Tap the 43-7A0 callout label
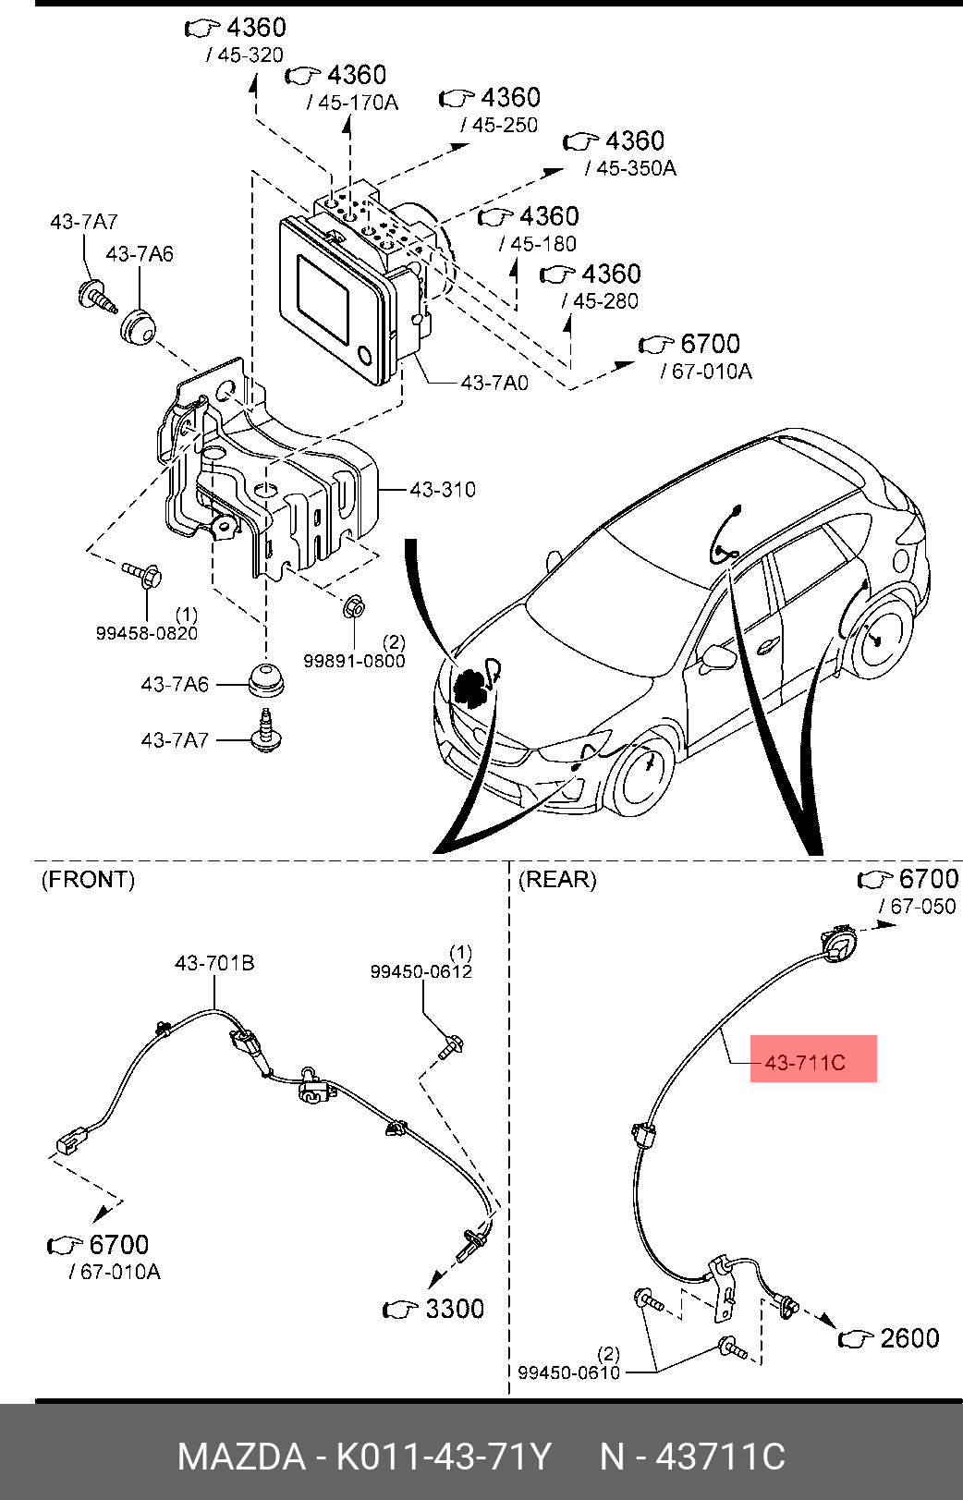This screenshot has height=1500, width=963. pos(494,383)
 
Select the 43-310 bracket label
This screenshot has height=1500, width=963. pos(443,490)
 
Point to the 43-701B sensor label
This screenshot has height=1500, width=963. pos(214,963)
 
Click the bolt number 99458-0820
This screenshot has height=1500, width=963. pos(147,633)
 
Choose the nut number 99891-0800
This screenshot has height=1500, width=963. pos(354,662)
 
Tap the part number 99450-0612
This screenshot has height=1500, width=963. pos(421,971)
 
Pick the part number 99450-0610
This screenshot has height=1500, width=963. pos(568,1372)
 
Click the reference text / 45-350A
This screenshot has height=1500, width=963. pos(630,168)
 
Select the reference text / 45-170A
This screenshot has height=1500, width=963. pos(352,103)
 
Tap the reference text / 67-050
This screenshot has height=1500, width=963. pos(918,906)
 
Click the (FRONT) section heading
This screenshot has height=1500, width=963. pos(88,879)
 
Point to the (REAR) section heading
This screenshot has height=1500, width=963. pos(557,879)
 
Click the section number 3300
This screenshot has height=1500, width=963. pos(455,1309)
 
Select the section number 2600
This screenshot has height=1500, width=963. pos(910,1338)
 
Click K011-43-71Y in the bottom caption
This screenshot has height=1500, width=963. pos(444,1457)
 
